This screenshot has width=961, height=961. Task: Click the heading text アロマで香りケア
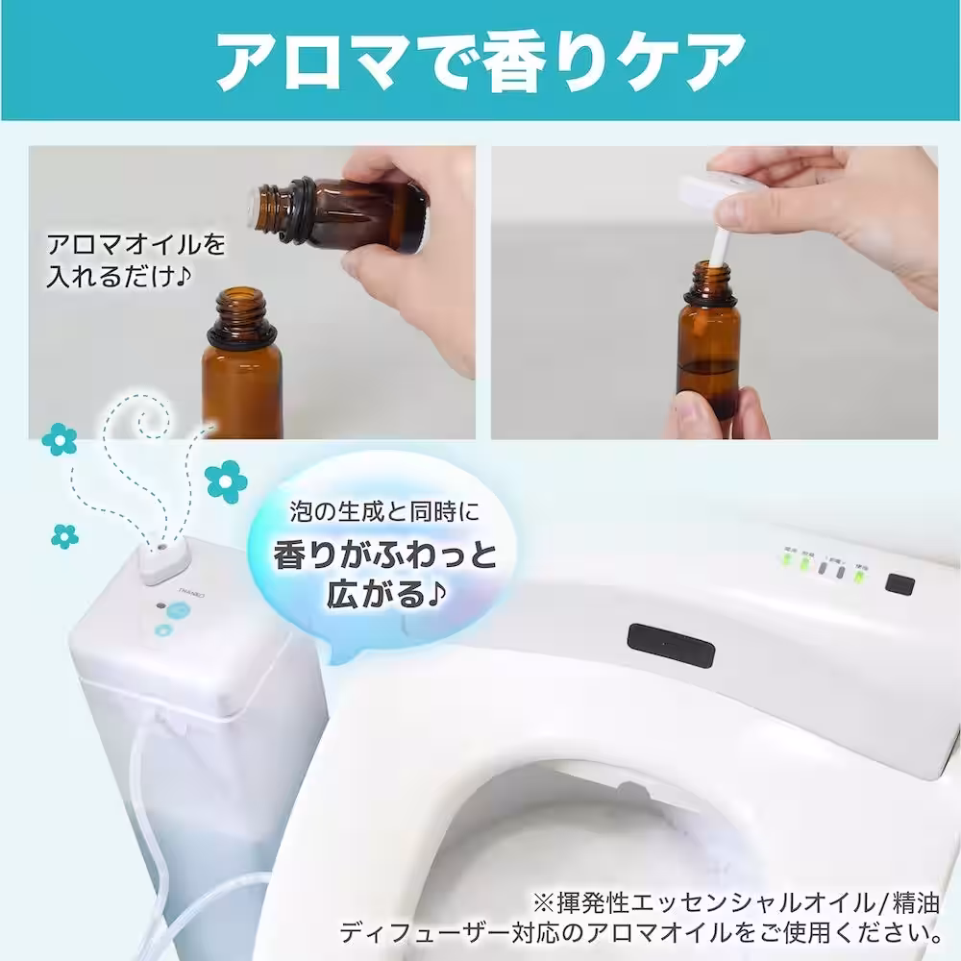(x=480, y=62)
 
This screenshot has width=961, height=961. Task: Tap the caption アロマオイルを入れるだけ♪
(x=136, y=259)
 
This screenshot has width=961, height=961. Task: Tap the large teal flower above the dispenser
(x=226, y=482)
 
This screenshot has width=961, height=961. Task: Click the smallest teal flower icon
(x=64, y=536)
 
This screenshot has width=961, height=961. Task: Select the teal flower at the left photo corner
(x=60, y=439)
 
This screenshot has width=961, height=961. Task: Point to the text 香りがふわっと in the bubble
(x=384, y=554)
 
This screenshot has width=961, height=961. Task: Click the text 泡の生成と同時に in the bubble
(x=384, y=512)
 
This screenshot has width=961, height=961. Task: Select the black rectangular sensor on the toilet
(x=671, y=646)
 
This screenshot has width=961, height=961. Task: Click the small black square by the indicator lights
(x=899, y=584)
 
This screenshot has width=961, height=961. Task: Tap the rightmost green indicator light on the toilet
(x=861, y=577)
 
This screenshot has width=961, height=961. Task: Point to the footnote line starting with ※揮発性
(x=735, y=903)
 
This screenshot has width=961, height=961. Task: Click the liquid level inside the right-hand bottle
(x=709, y=366)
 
